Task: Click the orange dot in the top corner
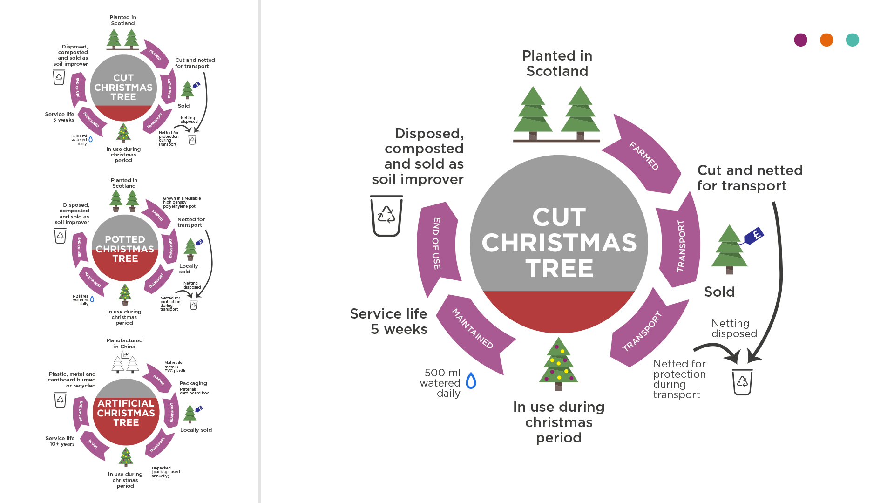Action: point(826,40)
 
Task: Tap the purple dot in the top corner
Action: point(800,40)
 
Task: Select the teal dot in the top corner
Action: point(852,40)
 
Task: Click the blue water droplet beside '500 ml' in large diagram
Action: point(471,381)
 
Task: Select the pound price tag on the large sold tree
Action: point(754,235)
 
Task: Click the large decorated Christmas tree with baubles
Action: point(559,363)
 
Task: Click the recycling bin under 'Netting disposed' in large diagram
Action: point(742,382)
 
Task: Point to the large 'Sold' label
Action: point(719,292)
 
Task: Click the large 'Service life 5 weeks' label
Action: point(389,321)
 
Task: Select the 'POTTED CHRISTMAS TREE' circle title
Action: point(125,249)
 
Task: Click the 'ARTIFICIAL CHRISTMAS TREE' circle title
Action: point(126,413)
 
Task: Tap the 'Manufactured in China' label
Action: point(124,344)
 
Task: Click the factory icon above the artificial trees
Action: point(125,355)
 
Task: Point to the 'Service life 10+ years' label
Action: point(60,441)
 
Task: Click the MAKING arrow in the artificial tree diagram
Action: point(158,380)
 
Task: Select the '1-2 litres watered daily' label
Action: point(81,300)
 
